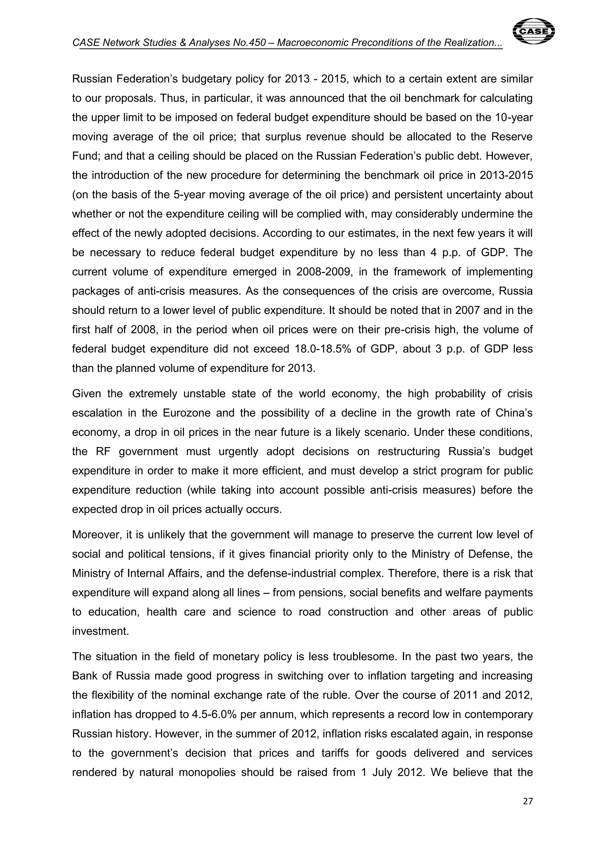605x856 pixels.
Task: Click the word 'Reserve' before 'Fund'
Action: (512, 137)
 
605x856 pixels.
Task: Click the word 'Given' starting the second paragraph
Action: (86, 394)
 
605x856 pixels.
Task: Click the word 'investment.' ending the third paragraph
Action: (100, 631)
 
